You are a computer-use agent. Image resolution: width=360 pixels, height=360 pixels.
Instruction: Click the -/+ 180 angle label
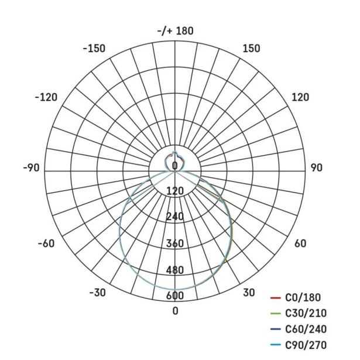[176, 31]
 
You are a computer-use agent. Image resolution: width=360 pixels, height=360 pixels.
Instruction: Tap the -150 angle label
[94, 49]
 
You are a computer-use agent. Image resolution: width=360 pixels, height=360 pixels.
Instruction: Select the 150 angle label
[251, 49]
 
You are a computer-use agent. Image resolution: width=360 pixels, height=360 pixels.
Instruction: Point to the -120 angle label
[46, 97]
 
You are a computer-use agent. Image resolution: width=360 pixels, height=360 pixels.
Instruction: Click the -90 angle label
[31, 168]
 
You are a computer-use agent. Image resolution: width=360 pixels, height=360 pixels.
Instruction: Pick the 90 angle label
[317, 168]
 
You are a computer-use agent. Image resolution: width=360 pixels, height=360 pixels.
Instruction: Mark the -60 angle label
[46, 244]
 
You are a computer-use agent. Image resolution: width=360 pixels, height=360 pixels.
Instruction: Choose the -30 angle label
[97, 293]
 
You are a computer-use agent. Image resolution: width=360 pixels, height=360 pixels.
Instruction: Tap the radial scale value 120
[175, 191]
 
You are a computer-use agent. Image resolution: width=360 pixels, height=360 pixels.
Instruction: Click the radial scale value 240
[175, 217]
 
